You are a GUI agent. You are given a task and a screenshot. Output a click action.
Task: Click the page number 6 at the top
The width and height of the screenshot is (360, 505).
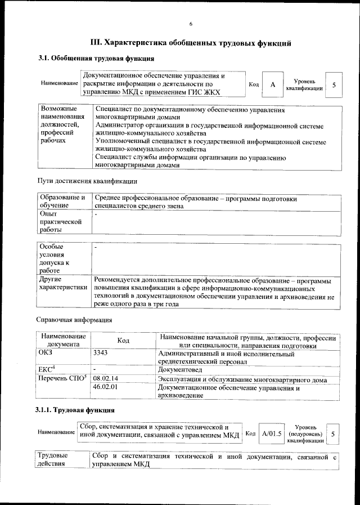pyautogui.click(x=191, y=24)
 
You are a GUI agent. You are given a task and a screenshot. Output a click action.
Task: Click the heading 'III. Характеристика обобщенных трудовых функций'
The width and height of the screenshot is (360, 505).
pyautogui.click(x=191, y=42)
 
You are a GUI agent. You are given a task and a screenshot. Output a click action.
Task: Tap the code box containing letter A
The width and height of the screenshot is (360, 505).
pyautogui.click(x=272, y=84)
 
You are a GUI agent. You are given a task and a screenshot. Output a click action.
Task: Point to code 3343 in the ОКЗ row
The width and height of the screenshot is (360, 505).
pyautogui.click(x=100, y=353)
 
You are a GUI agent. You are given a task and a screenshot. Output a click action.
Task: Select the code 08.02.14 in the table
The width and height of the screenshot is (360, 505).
pyautogui.click(x=106, y=379)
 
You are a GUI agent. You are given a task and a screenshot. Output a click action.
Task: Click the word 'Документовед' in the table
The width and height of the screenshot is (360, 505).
pyautogui.click(x=181, y=370)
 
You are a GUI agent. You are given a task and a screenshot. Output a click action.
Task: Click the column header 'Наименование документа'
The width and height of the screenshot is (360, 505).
pyautogui.click(x=62, y=340)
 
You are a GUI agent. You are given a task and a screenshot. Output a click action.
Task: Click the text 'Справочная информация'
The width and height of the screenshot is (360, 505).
pyautogui.click(x=74, y=320)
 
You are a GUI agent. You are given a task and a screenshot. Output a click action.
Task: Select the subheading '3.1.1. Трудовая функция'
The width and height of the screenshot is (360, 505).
pyautogui.click(x=76, y=410)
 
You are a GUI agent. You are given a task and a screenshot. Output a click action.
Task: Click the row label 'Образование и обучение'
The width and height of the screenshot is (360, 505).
pyautogui.click(x=62, y=202)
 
